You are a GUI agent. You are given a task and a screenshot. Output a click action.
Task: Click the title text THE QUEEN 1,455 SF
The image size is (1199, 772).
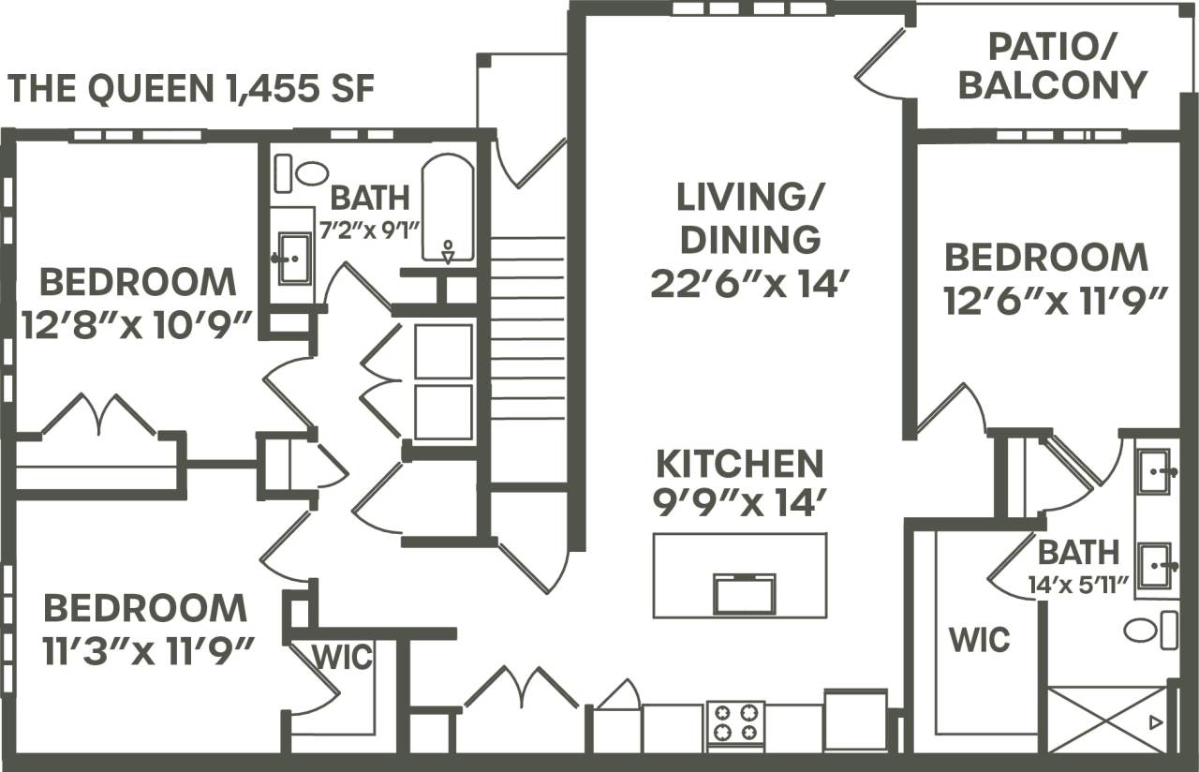[x=192, y=89]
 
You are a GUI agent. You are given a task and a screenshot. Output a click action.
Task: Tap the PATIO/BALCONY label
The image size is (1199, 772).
[x=1052, y=66]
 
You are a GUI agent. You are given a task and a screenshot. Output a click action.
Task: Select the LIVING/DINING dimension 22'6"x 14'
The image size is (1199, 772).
[x=749, y=283]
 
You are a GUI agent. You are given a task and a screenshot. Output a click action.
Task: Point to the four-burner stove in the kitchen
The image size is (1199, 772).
[x=735, y=722]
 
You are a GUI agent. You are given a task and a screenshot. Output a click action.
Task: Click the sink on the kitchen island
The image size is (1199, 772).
[x=745, y=593]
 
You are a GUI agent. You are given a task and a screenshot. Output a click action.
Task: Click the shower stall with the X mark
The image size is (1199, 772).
[x=1108, y=719]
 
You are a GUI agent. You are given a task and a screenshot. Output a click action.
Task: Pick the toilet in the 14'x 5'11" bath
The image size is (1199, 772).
[x=1149, y=630]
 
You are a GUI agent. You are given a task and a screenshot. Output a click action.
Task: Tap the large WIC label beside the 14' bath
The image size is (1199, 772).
[x=979, y=640]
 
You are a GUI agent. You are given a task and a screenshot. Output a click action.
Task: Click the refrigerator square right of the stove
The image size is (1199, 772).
[x=855, y=720]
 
